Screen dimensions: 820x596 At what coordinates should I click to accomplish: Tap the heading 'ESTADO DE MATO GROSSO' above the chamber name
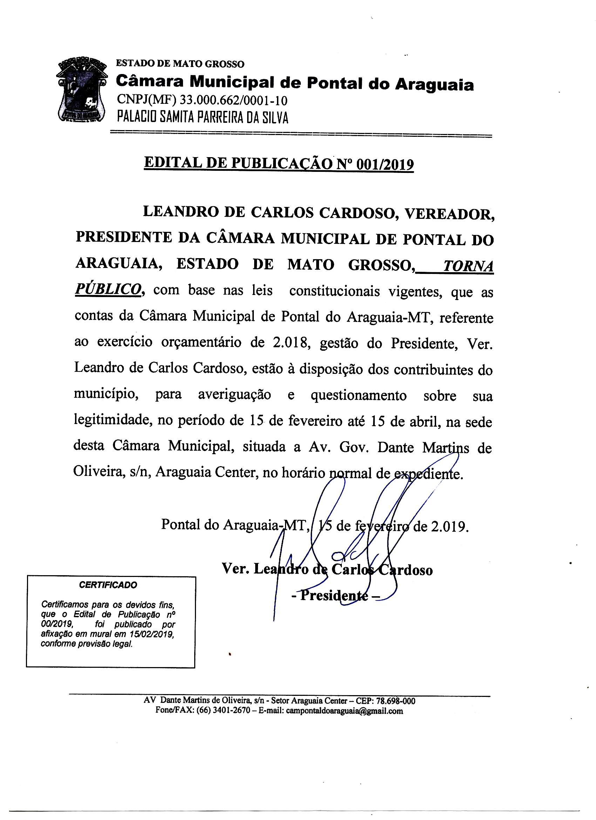[180, 64]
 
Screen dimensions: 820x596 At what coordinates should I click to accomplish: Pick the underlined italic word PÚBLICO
[107, 290]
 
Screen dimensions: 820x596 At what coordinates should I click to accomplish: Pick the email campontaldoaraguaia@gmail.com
[344, 711]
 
